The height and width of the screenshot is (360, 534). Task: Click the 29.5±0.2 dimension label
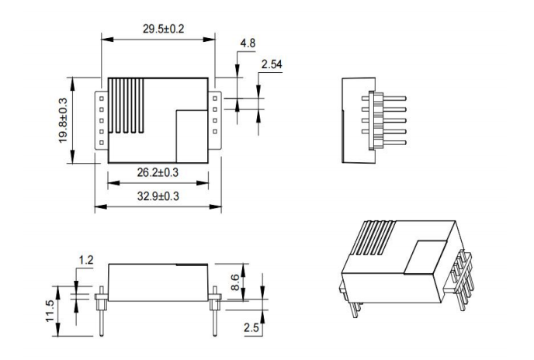click(x=164, y=29)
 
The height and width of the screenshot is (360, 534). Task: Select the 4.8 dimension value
click(x=248, y=43)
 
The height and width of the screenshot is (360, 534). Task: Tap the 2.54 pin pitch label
click(x=272, y=64)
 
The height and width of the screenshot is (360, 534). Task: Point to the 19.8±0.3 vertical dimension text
click(x=63, y=120)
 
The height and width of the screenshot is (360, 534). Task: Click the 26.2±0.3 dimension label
click(x=158, y=172)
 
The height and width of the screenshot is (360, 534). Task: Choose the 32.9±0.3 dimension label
click(x=158, y=196)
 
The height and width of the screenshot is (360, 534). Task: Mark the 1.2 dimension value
click(x=86, y=260)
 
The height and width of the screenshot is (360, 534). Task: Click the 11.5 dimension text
click(x=50, y=310)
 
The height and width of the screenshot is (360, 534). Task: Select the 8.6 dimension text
click(x=235, y=282)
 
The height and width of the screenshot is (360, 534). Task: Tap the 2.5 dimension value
click(x=251, y=327)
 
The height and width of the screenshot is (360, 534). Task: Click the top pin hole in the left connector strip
click(x=101, y=99)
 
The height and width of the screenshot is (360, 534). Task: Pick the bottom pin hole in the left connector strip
click(x=101, y=142)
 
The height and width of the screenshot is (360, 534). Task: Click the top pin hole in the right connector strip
click(x=215, y=99)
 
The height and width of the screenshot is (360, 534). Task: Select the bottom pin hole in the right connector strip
click(x=215, y=131)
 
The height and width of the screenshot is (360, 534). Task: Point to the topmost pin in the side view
click(x=383, y=98)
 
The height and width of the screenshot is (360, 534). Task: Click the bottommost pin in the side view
click(x=383, y=142)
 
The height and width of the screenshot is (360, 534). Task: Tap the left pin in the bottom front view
click(x=102, y=311)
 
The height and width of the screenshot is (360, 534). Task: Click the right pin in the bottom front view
click(x=215, y=311)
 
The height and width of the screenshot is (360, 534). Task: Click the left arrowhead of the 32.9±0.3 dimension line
click(x=100, y=206)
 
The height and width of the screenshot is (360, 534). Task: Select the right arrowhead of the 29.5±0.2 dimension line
click(x=210, y=40)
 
